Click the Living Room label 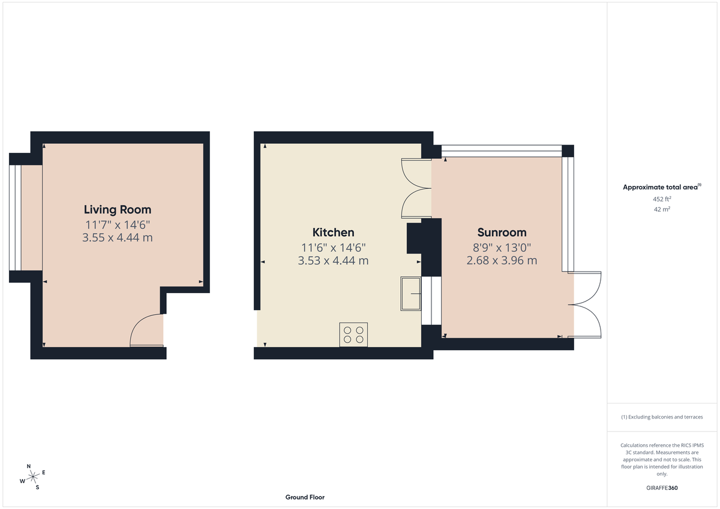pyautogui.click(x=118, y=210)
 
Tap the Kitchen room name pyautogui.click(x=333, y=233)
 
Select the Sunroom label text pyautogui.click(x=502, y=233)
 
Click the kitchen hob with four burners pyautogui.click(x=353, y=335)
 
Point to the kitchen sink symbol pyautogui.click(x=411, y=293)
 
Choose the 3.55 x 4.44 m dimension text pyautogui.click(x=118, y=238)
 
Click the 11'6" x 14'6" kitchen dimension pyautogui.click(x=333, y=247)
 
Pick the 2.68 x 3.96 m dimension pyautogui.click(x=502, y=261)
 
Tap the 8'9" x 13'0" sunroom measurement pyautogui.click(x=502, y=247)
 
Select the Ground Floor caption pyautogui.click(x=305, y=497)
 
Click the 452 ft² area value pyautogui.click(x=662, y=199)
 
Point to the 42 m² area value pyautogui.click(x=662, y=209)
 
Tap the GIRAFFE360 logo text pyautogui.click(x=662, y=488)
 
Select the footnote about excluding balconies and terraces pyautogui.click(x=662, y=417)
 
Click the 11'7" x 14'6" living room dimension pyautogui.click(x=118, y=225)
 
